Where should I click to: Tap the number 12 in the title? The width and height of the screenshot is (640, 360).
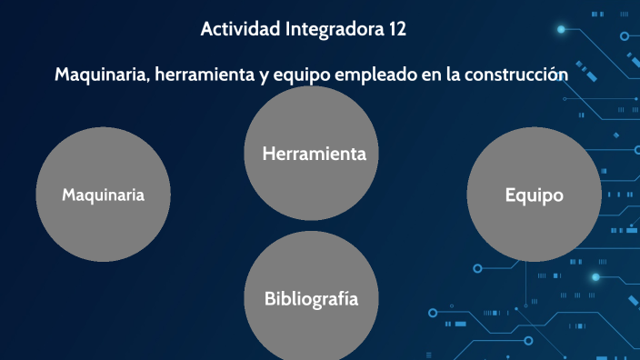395,29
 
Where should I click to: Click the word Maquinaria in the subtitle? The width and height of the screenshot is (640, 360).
101,74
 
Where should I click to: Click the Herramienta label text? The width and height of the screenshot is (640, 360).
314,154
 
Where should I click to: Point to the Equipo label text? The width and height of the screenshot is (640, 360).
534,195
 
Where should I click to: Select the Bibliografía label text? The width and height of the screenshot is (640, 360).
311,298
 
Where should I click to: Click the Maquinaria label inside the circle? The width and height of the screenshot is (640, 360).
103,195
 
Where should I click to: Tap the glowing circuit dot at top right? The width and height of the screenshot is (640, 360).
561,30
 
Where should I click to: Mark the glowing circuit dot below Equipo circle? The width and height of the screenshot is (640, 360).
595,276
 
